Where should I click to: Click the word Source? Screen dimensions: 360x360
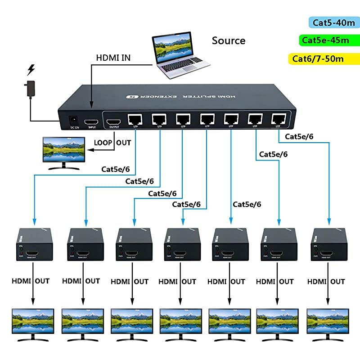tap(229, 40)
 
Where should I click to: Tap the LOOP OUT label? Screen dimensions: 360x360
tap(112, 143)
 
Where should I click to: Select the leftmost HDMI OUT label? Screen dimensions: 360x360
tap(31, 281)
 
